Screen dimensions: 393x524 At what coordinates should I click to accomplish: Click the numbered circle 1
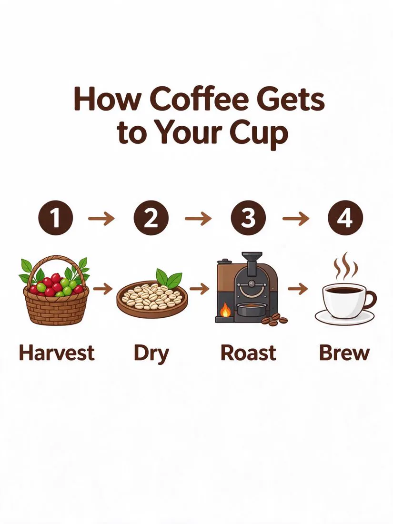click(55, 219)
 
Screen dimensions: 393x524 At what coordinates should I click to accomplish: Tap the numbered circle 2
click(151, 219)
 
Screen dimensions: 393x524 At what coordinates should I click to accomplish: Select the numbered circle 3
click(248, 219)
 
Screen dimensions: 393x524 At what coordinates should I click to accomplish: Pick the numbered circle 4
click(345, 219)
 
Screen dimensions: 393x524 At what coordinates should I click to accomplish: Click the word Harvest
click(57, 353)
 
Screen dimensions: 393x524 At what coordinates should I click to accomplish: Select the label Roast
click(248, 353)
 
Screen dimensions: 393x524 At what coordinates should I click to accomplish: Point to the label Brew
click(344, 353)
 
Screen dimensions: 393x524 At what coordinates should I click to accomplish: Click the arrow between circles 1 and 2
click(101, 219)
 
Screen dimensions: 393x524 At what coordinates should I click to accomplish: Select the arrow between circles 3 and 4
click(296, 219)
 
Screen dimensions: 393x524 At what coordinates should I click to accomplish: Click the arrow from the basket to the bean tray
click(103, 288)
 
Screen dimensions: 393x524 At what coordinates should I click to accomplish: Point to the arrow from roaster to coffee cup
click(298, 288)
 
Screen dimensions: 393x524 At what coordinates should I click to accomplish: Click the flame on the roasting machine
click(226, 310)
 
